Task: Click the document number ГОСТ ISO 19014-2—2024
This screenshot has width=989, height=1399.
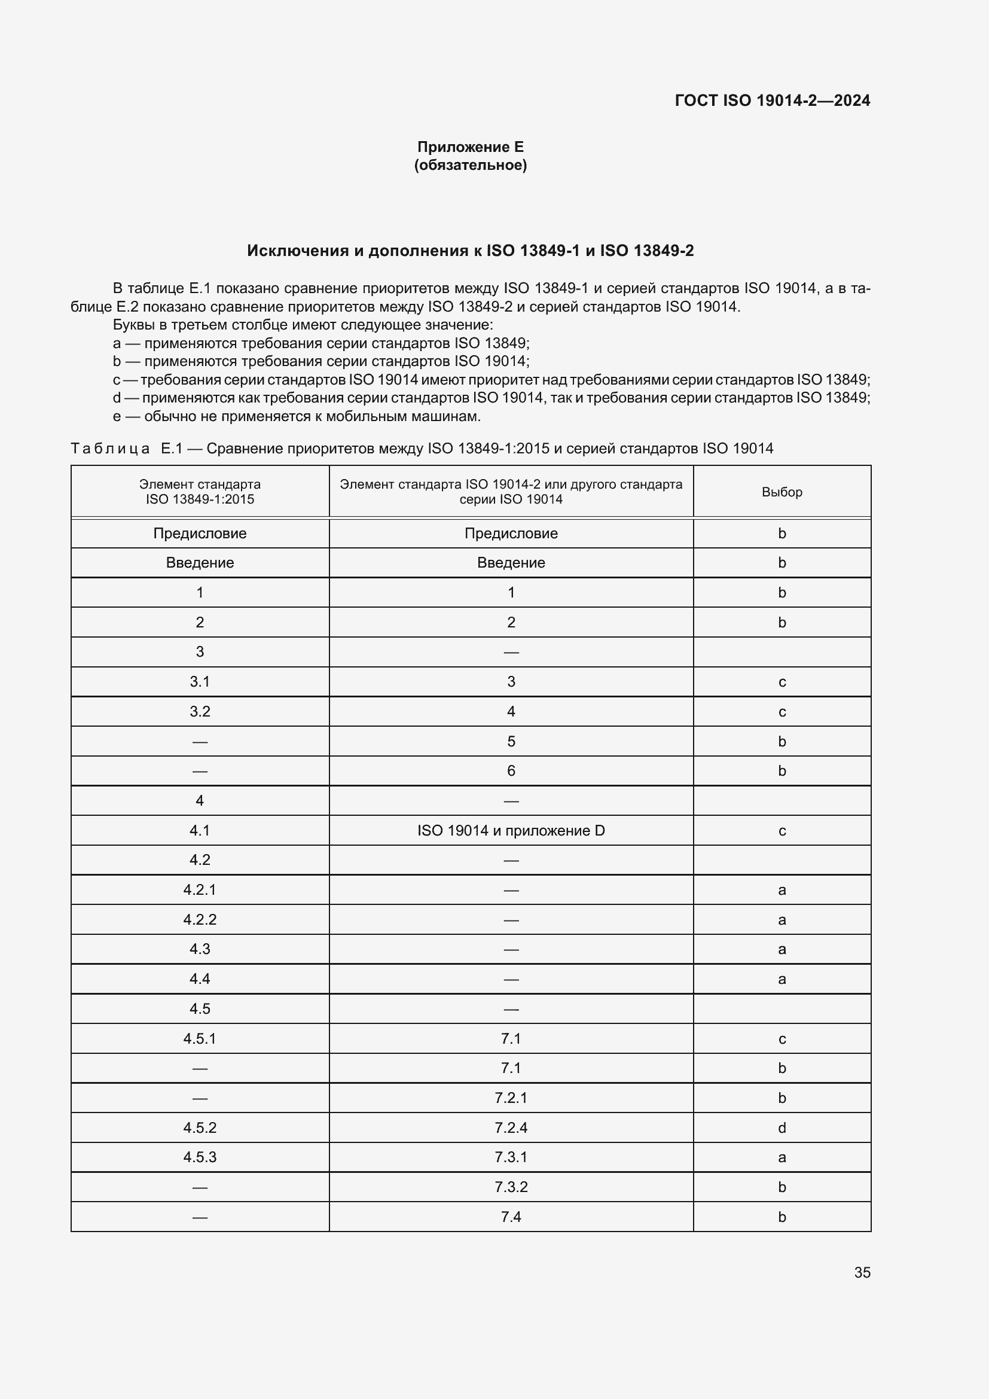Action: [772, 100]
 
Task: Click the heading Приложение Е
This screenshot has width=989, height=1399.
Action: [470, 147]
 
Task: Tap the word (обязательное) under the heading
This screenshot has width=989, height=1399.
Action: [470, 165]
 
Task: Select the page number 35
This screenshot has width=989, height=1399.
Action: [862, 1272]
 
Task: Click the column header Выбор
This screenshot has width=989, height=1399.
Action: [782, 492]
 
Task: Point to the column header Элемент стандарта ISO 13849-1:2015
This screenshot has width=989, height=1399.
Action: [200, 492]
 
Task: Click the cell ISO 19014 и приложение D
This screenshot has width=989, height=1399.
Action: [511, 831]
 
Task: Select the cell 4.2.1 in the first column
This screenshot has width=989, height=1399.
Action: [200, 889]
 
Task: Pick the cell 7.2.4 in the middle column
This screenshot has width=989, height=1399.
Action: [511, 1127]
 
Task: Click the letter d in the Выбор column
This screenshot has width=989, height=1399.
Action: [782, 1127]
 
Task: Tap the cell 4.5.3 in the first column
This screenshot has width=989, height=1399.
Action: [200, 1157]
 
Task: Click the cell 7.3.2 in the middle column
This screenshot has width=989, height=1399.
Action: [511, 1186]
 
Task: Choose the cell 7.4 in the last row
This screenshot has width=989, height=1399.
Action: [511, 1216]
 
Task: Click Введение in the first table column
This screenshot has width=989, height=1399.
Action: [200, 562]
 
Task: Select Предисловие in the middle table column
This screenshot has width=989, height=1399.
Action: [511, 533]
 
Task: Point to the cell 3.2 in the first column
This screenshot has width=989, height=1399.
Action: [200, 711]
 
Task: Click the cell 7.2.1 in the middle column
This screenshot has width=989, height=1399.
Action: [511, 1098]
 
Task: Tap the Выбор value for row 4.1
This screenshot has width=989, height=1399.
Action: [782, 831]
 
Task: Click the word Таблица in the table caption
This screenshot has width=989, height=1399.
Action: [110, 449]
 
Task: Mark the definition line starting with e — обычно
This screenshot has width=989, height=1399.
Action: [297, 416]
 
